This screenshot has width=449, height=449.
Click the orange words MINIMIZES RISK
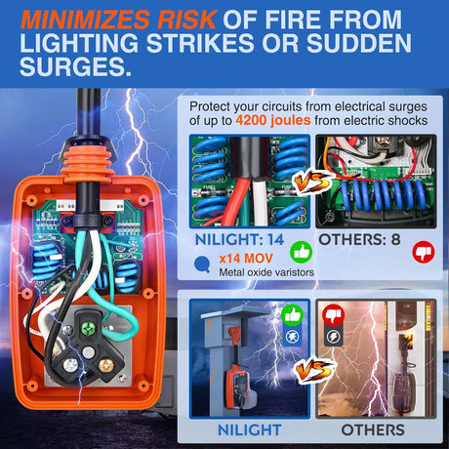click(x=118, y=20)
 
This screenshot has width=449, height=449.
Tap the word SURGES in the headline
click(x=75, y=65)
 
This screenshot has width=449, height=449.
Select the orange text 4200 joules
click(x=273, y=121)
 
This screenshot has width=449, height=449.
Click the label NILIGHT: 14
click(x=239, y=240)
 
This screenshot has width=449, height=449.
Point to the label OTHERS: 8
click(x=359, y=240)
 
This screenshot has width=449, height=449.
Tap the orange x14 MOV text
click(x=246, y=259)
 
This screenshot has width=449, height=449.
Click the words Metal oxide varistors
click(x=266, y=272)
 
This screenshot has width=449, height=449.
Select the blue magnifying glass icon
click(x=202, y=265)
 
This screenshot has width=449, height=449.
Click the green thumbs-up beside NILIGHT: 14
click(x=301, y=252)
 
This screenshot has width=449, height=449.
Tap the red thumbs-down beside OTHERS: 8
click(x=424, y=252)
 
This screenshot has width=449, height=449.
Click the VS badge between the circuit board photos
click(x=312, y=182)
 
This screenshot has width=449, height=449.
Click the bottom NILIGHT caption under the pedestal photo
click(x=250, y=429)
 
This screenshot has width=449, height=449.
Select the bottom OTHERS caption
click(x=373, y=429)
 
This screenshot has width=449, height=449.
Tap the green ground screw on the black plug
click(x=88, y=327)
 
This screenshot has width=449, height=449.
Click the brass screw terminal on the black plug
click(x=105, y=364)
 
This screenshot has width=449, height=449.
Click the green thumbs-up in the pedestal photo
click(x=292, y=315)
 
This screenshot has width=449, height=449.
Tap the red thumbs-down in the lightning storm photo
click(x=333, y=315)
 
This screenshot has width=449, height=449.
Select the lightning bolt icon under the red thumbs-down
click(x=333, y=337)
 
